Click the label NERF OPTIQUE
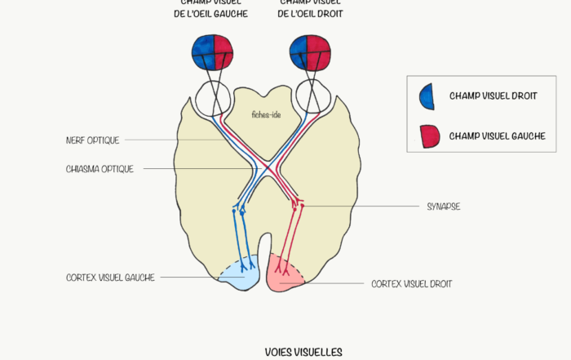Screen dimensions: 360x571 93,140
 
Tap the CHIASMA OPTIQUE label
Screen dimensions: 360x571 100,169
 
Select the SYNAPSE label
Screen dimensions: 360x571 443,207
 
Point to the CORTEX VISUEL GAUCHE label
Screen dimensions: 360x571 110,278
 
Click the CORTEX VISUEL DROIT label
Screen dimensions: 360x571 411,284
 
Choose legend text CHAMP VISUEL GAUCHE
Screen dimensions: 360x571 496,136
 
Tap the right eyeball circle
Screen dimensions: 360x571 312,98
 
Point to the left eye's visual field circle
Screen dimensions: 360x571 214,51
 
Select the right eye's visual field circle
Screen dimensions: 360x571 312,51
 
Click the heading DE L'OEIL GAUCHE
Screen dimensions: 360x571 214,14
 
